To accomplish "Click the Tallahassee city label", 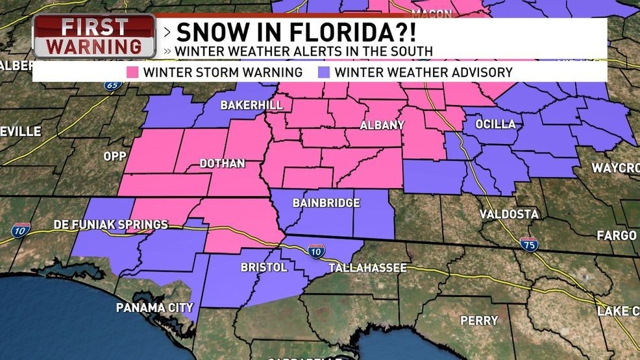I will click(367, 268).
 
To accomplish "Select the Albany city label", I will click(382, 125).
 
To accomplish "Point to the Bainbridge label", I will click(326, 203).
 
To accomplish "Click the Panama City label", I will click(154, 307).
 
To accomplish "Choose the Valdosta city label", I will click(509, 214).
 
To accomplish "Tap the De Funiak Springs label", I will click(111, 225).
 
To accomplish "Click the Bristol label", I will click(264, 268).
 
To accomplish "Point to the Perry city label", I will click(479, 320).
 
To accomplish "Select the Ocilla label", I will click(495, 124).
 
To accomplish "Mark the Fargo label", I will click(616, 235).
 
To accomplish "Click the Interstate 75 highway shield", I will click(528, 244).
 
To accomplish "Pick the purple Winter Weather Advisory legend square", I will click(325, 72).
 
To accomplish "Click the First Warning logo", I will click(95, 36).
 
